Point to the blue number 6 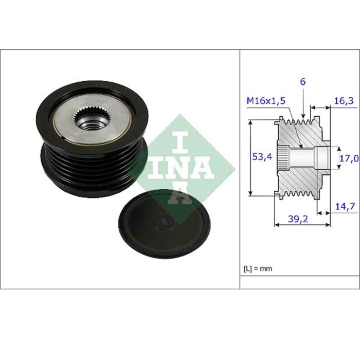(x=303, y=82)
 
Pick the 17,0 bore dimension (x=349, y=159)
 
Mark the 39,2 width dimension (x=299, y=219)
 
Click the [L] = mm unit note (x=257, y=268)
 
